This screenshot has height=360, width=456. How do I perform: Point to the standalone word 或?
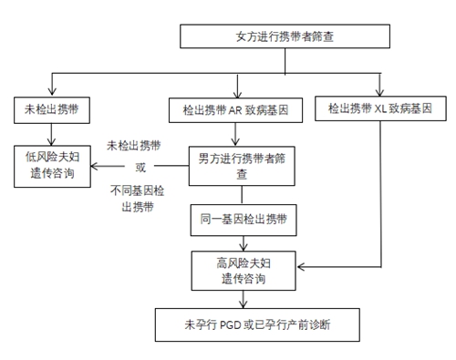point(140,167)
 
